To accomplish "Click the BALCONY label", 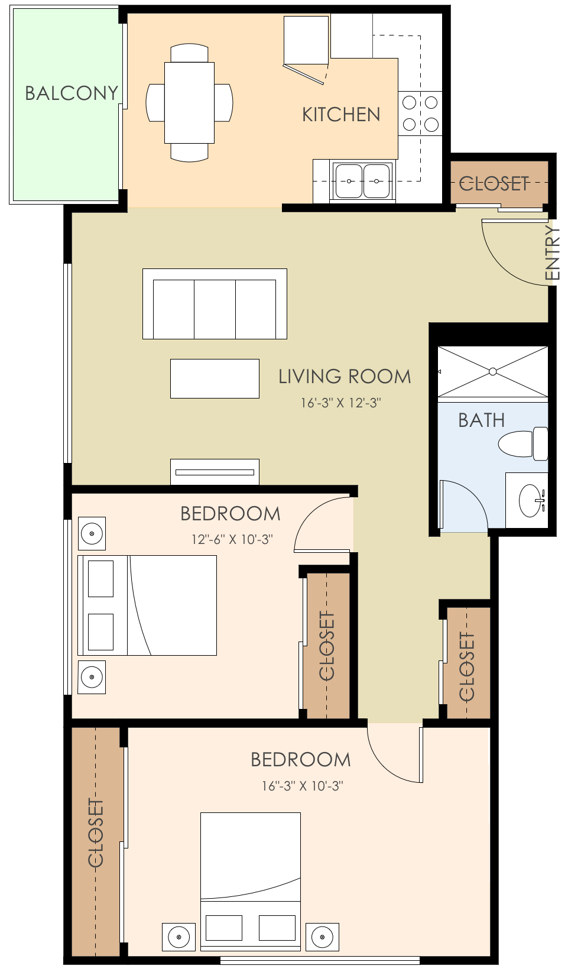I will (x=72, y=93).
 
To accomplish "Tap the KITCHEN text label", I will (x=341, y=115).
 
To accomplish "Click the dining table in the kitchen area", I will (x=189, y=103).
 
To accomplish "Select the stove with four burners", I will (x=420, y=114).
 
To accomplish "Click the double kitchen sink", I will (x=362, y=181).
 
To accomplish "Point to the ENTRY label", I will (x=551, y=252).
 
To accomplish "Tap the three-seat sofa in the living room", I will (x=215, y=304).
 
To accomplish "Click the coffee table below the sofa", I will (x=215, y=378).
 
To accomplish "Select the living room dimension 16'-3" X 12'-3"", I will (x=341, y=403).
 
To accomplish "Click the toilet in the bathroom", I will (x=523, y=443).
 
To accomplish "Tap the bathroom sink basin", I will (x=531, y=500).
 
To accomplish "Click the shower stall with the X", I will (x=492, y=372).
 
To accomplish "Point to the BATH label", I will (x=481, y=420).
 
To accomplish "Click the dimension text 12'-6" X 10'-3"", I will (x=232, y=540).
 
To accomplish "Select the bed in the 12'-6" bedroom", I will (x=148, y=605).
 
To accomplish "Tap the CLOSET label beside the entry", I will (x=494, y=184).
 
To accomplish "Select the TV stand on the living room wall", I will (x=215, y=472).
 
